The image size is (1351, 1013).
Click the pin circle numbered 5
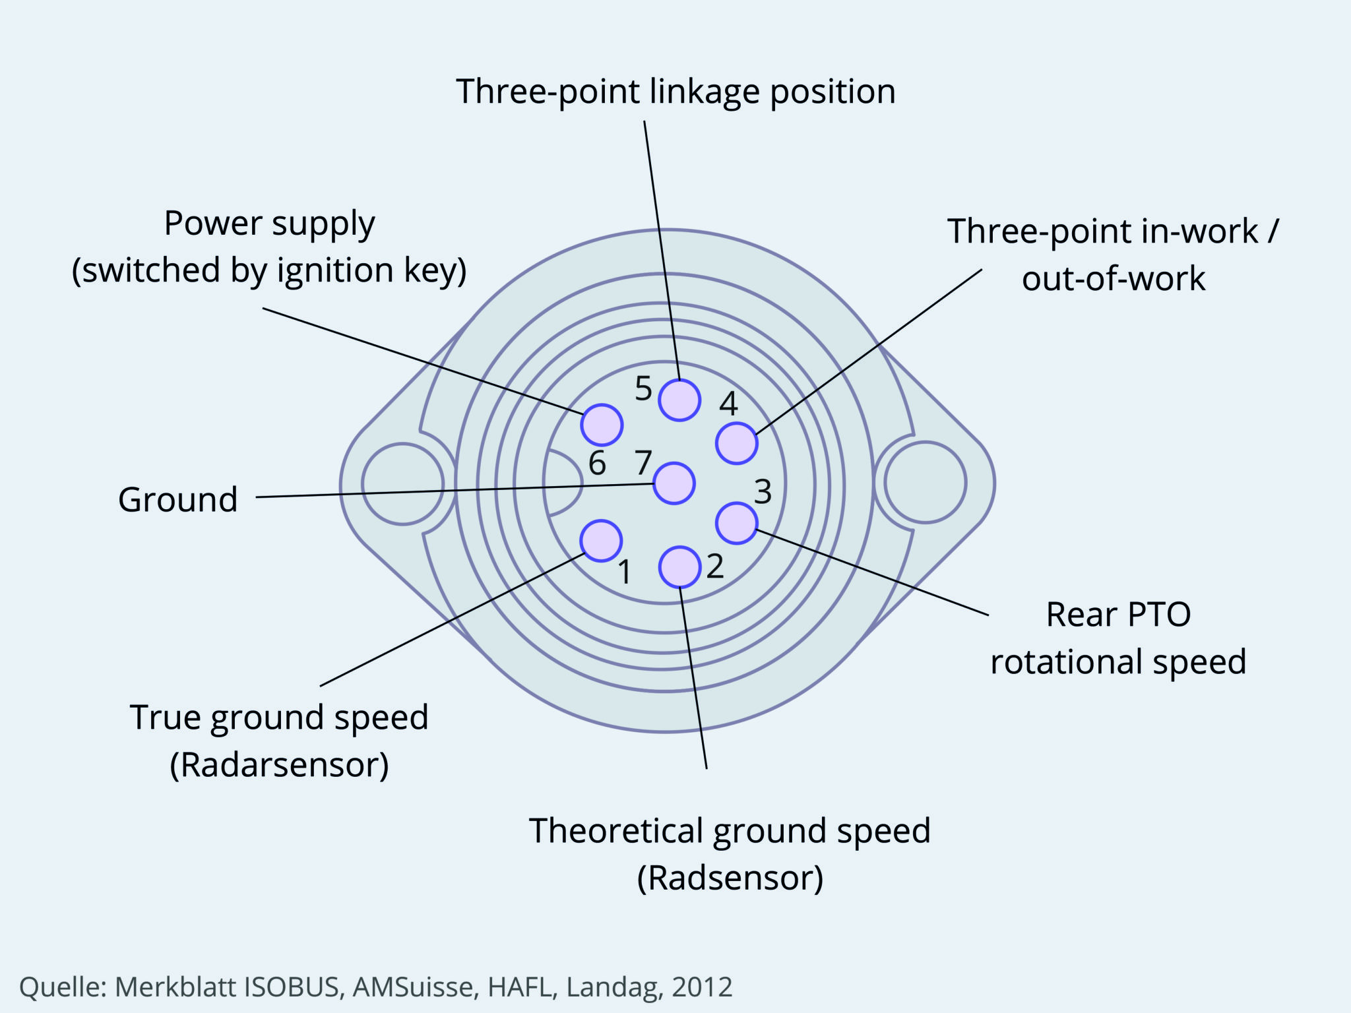click(679, 400)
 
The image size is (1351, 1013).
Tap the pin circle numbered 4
click(736, 443)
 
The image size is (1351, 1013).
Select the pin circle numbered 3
click(736, 523)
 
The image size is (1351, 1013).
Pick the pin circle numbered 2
click(679, 567)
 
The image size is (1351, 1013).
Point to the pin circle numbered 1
click(601, 541)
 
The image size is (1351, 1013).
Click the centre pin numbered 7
click(674, 483)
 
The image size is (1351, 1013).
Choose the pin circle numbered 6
click(602, 425)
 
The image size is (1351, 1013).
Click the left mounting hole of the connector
click(402, 483)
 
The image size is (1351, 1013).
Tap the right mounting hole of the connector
click(925, 483)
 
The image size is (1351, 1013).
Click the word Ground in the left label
click(178, 500)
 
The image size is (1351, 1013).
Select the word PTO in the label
click(1158, 615)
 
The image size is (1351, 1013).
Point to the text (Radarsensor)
click(279, 765)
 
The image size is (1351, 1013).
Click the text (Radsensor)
click(730, 878)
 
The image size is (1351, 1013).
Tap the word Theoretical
click(616, 831)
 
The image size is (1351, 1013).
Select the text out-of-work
click(1114, 279)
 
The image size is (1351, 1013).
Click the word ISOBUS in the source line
click(292, 987)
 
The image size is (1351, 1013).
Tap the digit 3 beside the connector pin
click(763, 491)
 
